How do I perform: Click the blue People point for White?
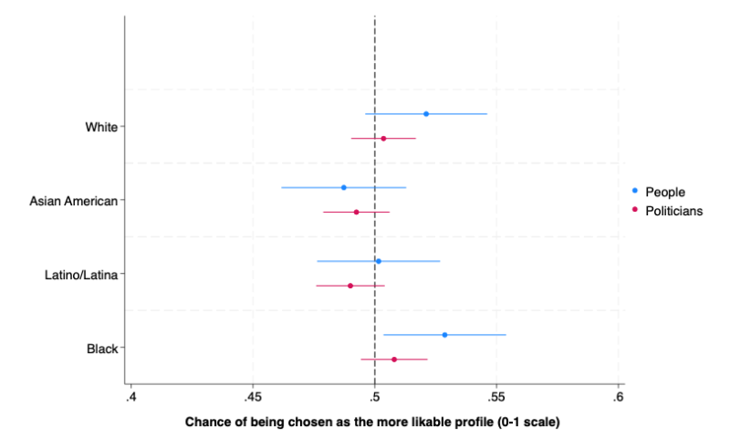click(426, 114)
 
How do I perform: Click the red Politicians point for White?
click(383, 139)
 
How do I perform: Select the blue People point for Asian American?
click(344, 187)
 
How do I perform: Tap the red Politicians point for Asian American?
click(356, 212)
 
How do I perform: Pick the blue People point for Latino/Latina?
click(379, 261)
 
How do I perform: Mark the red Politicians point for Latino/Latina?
click(350, 286)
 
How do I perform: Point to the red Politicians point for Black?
click(394, 360)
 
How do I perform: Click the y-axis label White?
click(101, 127)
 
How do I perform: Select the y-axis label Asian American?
click(74, 201)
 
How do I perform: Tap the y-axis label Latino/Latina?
click(81, 275)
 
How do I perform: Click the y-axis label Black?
click(101, 349)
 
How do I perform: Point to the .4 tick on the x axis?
click(131, 398)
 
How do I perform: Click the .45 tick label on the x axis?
click(253, 398)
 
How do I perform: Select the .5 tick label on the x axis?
click(375, 398)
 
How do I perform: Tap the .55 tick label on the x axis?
click(496, 398)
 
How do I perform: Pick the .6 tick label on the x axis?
click(619, 398)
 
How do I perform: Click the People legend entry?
click(664, 192)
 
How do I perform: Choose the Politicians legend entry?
click(673, 211)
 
